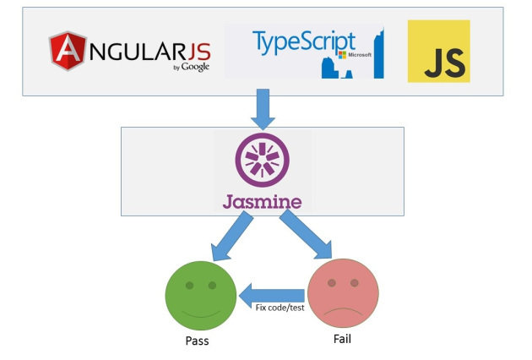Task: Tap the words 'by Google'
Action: (x=190, y=67)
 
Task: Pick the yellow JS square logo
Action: (x=438, y=52)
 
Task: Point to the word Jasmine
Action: (x=263, y=202)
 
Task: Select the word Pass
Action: (x=197, y=341)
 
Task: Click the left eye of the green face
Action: (x=188, y=285)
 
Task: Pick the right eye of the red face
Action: (x=355, y=284)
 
